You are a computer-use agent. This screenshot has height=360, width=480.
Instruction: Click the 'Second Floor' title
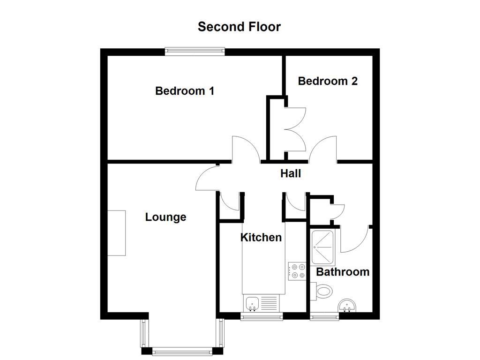(x=239, y=27)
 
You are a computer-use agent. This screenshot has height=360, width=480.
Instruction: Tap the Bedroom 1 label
(x=185, y=90)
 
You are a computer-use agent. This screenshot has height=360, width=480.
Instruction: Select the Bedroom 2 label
(x=328, y=81)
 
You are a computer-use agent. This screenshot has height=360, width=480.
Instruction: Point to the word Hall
(x=291, y=173)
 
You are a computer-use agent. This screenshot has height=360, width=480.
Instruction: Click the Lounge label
(x=165, y=217)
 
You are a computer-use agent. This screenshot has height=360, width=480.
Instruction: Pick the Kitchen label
(x=261, y=238)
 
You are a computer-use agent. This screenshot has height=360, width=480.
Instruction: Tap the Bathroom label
(x=343, y=272)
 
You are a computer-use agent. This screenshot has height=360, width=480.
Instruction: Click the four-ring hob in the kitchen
(x=297, y=271)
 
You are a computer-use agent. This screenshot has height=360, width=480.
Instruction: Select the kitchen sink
(x=252, y=303)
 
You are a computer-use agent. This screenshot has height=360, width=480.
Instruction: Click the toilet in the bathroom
(x=322, y=291)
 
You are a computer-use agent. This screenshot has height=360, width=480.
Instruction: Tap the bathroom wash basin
(x=347, y=306)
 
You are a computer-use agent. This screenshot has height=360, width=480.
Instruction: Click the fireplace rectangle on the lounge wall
(x=117, y=232)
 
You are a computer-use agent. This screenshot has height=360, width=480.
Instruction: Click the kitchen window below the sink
(x=262, y=317)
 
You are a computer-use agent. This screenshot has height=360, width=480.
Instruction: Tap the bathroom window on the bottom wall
(x=324, y=317)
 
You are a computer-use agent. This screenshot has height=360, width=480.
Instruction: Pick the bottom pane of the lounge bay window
(x=182, y=351)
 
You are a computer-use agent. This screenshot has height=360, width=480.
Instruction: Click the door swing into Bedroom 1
(x=247, y=149)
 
